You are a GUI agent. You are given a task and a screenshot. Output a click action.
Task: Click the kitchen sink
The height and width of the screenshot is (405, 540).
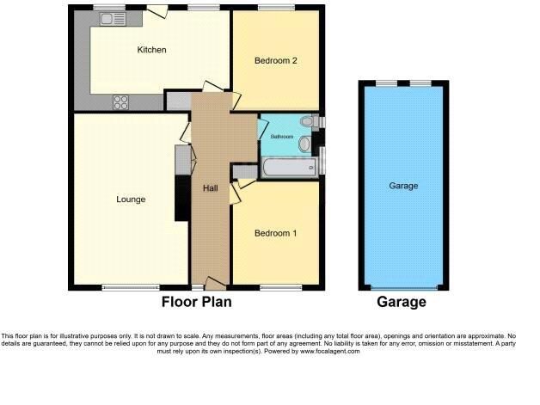113,19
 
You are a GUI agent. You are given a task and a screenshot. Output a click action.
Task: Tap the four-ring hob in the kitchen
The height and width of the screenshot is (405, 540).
121,102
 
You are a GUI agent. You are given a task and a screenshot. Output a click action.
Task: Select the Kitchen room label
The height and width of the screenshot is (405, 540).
151,50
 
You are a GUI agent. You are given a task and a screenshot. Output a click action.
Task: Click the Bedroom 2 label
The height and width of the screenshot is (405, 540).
275,60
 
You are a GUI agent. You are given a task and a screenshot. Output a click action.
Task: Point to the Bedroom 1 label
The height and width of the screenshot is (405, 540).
275,233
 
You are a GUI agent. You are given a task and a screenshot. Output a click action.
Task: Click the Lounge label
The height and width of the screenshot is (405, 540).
131,199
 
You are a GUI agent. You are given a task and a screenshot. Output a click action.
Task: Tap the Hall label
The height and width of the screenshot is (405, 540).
210,188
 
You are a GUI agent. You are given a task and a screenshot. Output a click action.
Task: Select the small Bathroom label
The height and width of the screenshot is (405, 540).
282,137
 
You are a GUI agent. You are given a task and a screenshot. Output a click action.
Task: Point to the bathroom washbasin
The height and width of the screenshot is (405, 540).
305,144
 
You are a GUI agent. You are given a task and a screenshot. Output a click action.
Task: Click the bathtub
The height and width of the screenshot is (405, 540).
290,168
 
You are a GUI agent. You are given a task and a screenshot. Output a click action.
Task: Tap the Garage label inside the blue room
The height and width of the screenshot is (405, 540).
403,186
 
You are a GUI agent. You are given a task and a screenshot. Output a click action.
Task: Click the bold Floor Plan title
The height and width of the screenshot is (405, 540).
197,302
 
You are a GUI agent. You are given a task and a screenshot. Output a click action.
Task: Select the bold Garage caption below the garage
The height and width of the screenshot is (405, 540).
402,302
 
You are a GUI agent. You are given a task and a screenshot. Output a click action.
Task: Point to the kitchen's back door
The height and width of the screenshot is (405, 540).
157,11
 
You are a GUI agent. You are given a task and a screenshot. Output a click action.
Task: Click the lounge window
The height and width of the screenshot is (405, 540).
131,287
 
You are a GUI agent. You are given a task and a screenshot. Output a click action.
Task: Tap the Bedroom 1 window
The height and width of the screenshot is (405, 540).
280,287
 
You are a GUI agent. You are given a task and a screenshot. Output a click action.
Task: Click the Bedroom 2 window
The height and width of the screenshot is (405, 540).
277,8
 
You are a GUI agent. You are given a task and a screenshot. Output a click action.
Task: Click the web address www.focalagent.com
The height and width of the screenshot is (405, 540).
330,352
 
